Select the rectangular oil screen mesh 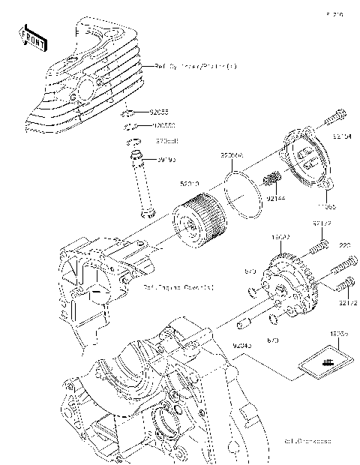point(325,364)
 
